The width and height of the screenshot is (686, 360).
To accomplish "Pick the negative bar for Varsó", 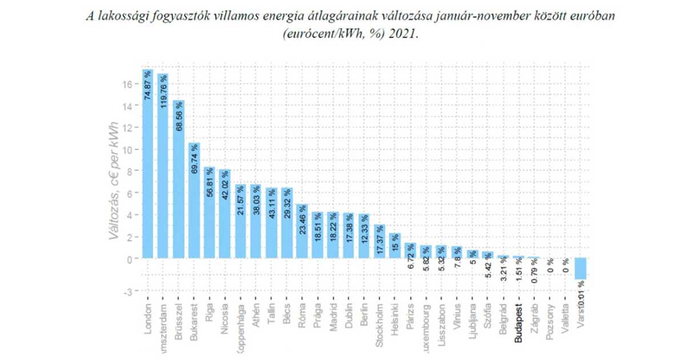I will pos(581,269).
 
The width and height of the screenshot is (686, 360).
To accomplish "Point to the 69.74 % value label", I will pos(194,161).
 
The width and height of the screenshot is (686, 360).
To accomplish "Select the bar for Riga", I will pos(209,212).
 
